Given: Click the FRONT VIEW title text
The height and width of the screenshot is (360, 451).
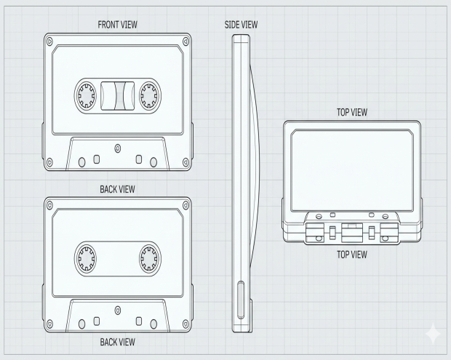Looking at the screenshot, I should click(117, 25).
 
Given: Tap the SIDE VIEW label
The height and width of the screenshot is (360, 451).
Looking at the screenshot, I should click(242, 25).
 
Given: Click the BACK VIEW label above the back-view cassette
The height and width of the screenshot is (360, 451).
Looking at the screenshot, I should click(117, 189).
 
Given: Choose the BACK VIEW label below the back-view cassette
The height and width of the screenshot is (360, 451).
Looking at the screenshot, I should click(117, 342).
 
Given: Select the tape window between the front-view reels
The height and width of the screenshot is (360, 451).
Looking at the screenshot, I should click(118, 95).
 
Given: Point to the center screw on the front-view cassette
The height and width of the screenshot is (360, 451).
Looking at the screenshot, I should click(117, 148).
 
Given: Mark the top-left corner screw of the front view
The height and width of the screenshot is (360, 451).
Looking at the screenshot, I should click(49, 41).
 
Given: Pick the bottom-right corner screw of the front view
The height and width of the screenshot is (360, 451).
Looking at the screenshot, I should click(185, 161).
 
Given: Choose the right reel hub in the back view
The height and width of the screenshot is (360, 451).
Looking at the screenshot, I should click(149, 257).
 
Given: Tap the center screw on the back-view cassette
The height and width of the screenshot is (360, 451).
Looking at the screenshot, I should click(117, 311).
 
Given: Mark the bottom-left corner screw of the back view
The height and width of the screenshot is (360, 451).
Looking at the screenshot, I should click(49, 324).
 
